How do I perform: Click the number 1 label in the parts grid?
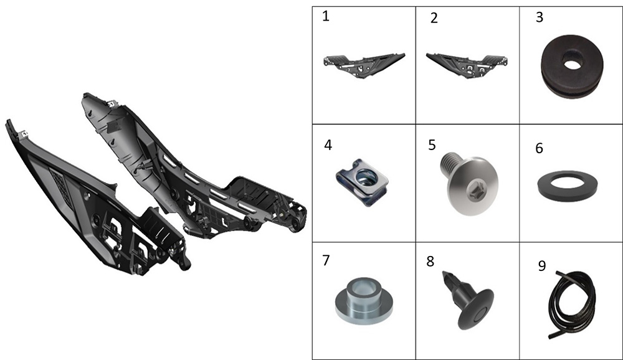click(326, 16)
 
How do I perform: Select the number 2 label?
click(434, 18)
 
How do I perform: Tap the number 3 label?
click(539, 17)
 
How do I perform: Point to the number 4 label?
click(328, 145)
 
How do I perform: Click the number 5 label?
click(432, 145)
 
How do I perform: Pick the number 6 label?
click(539, 148)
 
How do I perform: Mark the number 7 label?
click(326, 260)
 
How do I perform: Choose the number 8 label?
click(430, 262)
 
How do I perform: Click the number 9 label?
click(542, 265)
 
